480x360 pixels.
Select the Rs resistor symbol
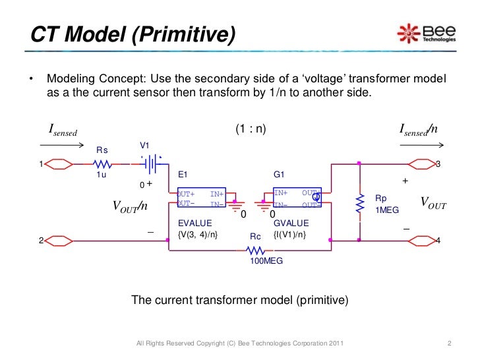point(102,164)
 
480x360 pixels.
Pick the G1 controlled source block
point(297,198)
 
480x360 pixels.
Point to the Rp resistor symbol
point(359,205)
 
